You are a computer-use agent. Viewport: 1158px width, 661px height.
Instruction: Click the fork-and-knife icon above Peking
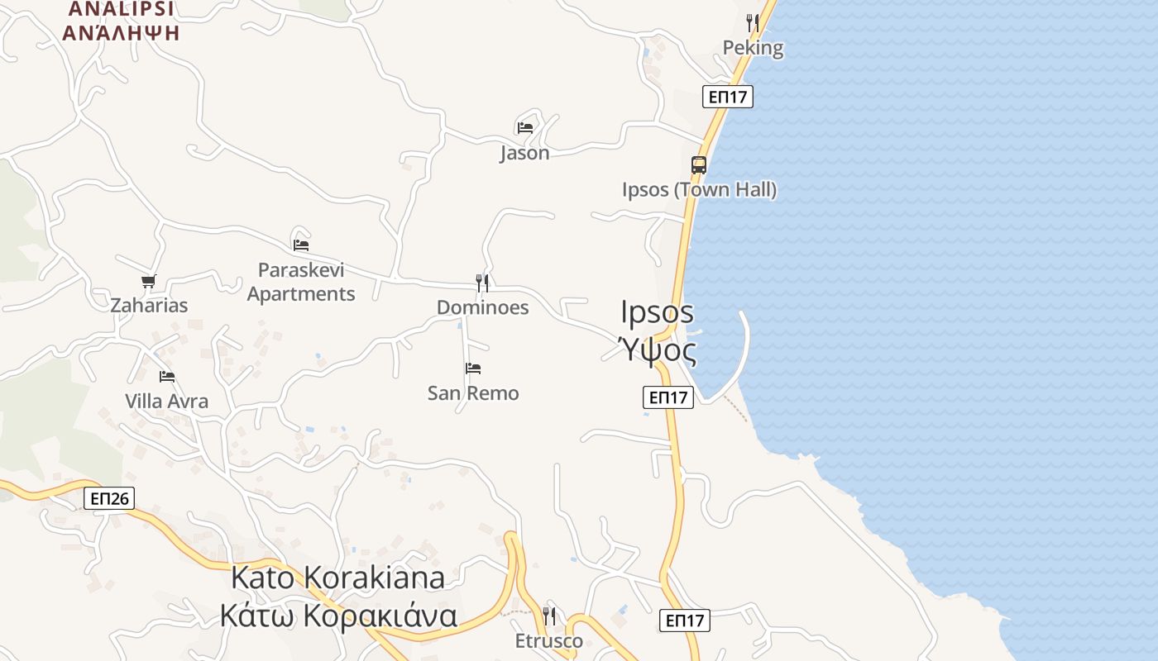pos(752,22)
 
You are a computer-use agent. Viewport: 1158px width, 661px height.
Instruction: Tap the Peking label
pos(753,48)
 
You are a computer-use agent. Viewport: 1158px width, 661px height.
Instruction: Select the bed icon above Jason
pos(524,127)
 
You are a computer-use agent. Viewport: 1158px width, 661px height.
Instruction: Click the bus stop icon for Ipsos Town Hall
pos(699,164)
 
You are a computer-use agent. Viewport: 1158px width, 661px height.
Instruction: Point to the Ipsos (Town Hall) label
pos(699,190)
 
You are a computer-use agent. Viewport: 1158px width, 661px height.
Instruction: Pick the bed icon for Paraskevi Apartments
pos(301,245)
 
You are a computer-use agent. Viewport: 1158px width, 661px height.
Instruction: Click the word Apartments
pos(301,294)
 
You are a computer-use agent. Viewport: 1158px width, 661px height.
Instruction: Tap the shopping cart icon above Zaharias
pos(149,282)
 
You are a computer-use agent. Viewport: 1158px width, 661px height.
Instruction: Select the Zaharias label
pos(150,306)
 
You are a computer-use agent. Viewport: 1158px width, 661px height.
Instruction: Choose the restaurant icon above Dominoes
pos(482,283)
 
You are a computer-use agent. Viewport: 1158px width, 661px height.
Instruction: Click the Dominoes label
pos(482,308)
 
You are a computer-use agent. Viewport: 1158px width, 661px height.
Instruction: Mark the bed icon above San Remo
pos(473,368)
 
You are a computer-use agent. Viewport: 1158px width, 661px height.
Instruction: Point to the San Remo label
pos(473,393)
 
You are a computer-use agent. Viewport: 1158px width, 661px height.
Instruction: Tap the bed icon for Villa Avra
pos(167,377)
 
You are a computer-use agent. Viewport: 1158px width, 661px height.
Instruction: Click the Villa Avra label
pos(167,402)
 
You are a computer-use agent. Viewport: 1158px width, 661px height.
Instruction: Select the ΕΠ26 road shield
pos(109,498)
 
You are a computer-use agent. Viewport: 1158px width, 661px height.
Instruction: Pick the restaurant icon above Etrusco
pos(548,616)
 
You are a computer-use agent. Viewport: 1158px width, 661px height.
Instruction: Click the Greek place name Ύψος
pos(658,351)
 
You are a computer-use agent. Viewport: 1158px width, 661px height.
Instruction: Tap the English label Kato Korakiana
pos(337,578)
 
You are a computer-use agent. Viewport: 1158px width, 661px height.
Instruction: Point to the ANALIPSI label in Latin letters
pos(121,9)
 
